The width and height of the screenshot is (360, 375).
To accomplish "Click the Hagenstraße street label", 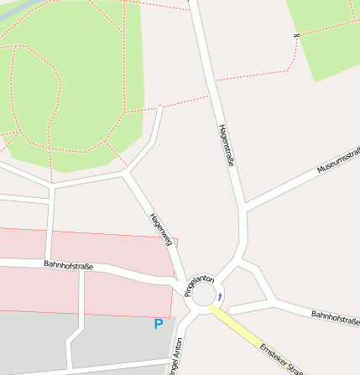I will (x=225, y=145).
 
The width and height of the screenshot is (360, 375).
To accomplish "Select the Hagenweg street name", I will (x=160, y=227).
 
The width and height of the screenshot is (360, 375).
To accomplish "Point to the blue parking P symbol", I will (x=158, y=324).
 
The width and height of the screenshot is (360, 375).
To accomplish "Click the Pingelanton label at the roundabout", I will (x=200, y=286).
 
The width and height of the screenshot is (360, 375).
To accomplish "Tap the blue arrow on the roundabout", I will (x=220, y=295).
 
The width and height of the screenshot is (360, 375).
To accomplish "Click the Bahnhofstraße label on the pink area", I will (x=68, y=265).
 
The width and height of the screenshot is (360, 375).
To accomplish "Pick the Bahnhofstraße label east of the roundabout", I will (x=335, y=316).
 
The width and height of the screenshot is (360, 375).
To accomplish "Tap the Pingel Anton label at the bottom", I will (x=175, y=357).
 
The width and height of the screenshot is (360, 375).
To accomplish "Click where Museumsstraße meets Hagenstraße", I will (x=244, y=206).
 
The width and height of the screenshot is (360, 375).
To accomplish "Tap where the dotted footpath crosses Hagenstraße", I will (x=212, y=81).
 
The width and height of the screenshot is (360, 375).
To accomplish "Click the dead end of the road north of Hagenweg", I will (x=160, y=107).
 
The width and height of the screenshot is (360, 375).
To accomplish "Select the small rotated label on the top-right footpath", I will (x=296, y=36).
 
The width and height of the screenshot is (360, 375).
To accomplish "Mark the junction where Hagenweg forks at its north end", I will (x=126, y=174).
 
